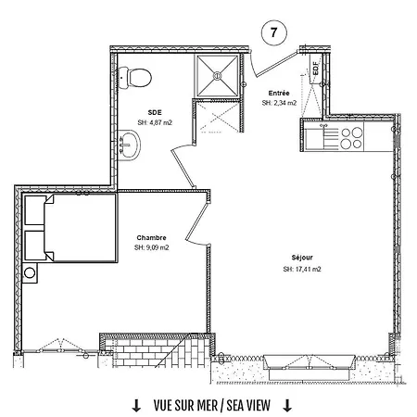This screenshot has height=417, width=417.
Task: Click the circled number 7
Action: tap(274, 32)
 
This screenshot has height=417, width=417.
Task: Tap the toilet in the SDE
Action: tap(135, 77)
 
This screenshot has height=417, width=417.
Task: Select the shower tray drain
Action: tap(217, 75)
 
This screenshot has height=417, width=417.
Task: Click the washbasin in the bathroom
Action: tap(130, 145)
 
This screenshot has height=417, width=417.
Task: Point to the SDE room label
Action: tap(155, 113)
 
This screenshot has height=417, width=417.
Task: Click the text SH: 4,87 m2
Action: tap(155, 122)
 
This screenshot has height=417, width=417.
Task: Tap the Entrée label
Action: tap(279, 93)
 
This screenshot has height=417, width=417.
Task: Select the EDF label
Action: tap(315, 69)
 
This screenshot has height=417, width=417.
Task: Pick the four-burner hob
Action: tap(352, 138)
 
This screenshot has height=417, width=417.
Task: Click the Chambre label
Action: tap(151, 237)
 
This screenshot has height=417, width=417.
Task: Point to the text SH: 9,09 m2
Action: tap(151, 247)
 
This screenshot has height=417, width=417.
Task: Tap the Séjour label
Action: tap(302, 258)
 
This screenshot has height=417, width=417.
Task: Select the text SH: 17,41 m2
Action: tap(302, 269)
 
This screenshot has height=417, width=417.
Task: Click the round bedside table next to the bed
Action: tap(30, 273)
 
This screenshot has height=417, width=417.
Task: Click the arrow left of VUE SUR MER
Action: tap(136, 406)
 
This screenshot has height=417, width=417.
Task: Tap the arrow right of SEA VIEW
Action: tap(287, 406)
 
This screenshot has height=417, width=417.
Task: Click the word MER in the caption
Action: tap(207, 406)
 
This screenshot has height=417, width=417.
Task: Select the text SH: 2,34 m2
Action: tap(279, 103)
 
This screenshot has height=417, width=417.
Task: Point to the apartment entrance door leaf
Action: tap(276, 65)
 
